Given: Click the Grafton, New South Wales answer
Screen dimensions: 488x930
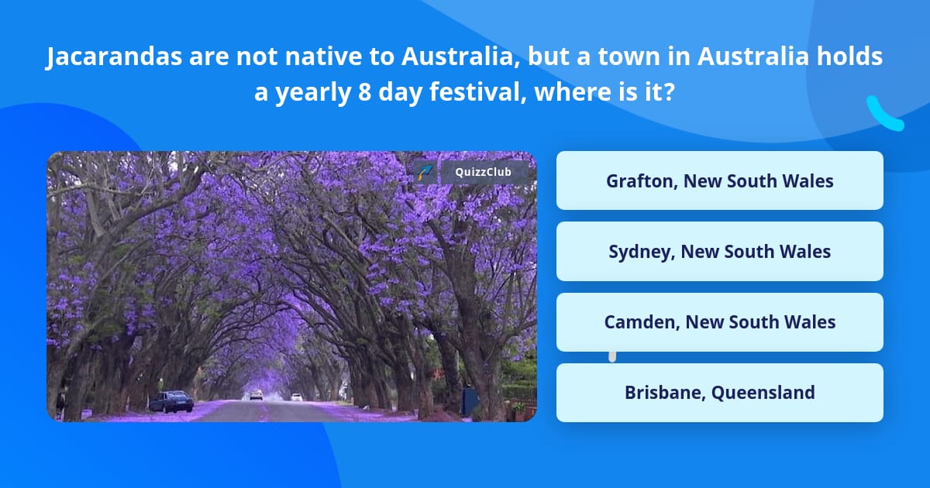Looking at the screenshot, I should [x=719, y=180].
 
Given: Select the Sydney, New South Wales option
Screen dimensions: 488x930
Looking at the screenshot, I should [x=719, y=252].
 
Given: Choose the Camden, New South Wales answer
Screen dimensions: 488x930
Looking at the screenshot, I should [x=719, y=322].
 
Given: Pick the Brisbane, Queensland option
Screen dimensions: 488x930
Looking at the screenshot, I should [x=719, y=393].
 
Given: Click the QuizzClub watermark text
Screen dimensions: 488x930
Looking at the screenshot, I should [x=483, y=172].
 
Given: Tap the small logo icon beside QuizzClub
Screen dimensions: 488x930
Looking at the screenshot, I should [x=424, y=172].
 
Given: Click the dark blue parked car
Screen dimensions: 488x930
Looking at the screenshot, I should [x=170, y=400].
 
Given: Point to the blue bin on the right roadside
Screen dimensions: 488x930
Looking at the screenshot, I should [x=470, y=400].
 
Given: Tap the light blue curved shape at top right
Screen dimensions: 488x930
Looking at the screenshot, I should [x=883, y=115].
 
